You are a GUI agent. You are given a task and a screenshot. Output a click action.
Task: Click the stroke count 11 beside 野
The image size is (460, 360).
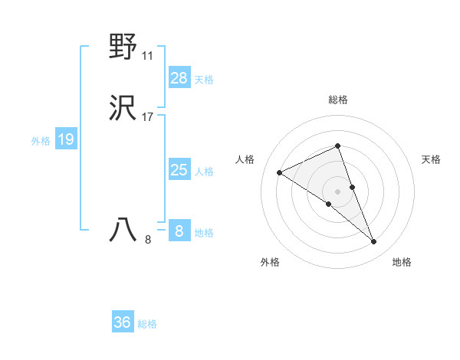click(147, 56)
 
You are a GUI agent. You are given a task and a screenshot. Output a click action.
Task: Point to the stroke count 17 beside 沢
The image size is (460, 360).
click(147, 117)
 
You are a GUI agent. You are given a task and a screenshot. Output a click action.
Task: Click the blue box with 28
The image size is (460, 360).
click(179, 77)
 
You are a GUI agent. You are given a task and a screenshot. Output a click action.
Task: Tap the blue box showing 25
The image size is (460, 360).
click(179, 170)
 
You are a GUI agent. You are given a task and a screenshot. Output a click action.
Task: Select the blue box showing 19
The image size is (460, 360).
click(65, 139)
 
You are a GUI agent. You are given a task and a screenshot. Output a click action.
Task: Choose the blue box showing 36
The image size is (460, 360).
click(122, 322)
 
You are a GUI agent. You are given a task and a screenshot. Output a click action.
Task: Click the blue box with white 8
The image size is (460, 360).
click(179, 231)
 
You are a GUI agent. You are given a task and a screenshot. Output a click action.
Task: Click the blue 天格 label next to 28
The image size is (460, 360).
click(204, 79)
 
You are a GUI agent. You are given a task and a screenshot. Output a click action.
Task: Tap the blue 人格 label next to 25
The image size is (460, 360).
click(204, 172)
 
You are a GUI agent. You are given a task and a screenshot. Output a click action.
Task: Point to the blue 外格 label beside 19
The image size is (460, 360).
click(41, 141)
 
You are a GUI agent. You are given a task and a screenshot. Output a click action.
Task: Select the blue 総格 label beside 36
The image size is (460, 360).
click(147, 324)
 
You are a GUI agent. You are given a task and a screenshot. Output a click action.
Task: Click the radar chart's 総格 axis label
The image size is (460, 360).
click(337, 100)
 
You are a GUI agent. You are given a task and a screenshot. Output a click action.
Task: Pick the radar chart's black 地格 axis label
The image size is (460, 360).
click(402, 262)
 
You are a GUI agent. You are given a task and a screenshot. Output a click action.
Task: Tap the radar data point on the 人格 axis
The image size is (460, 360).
click(279, 172)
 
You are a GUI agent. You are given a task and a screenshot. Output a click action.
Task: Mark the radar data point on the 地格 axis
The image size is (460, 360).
click(374, 242)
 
